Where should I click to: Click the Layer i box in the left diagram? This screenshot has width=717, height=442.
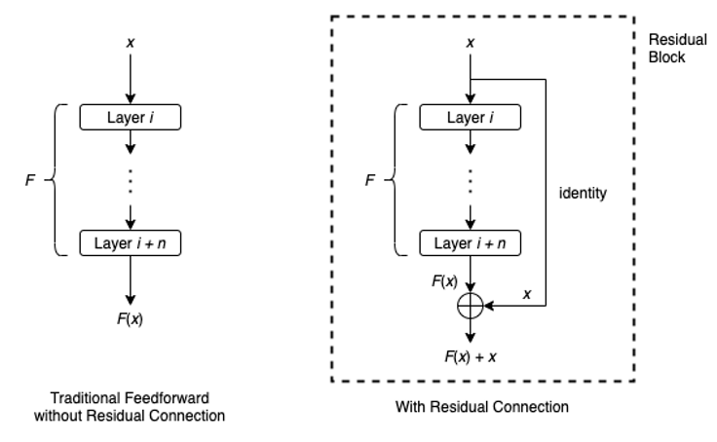[x=131, y=118]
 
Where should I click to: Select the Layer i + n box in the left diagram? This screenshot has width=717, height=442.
[x=131, y=240]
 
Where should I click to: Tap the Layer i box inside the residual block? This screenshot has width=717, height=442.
[x=471, y=118]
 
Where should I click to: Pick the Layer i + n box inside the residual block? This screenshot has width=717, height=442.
[x=471, y=240]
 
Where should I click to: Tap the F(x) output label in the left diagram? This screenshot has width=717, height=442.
[x=131, y=317]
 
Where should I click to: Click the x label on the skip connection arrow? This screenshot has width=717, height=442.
[x=527, y=293]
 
